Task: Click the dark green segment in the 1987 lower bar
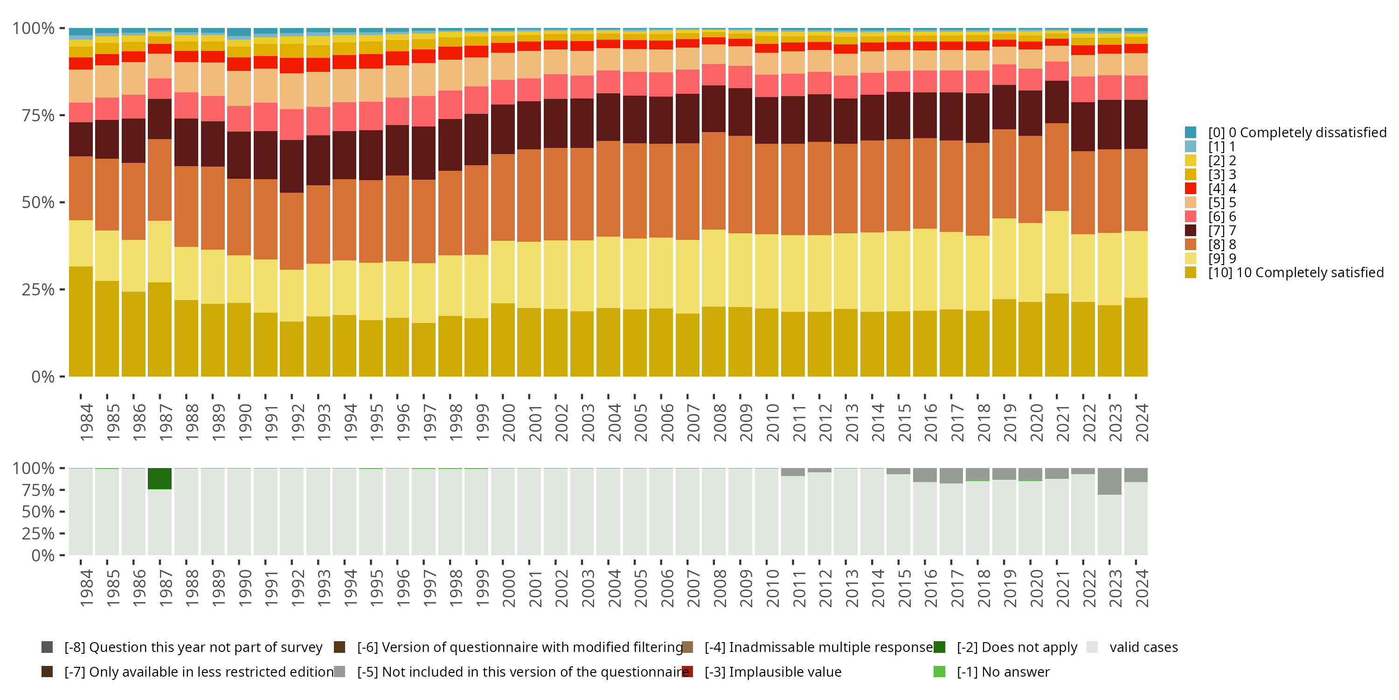[159, 479]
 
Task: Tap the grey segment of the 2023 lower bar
[1109, 481]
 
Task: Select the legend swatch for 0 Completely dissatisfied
[1190, 132]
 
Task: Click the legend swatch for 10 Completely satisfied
[1190, 272]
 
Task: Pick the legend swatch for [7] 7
[1190, 231]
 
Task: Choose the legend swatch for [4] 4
[1190, 189]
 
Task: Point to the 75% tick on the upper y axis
[62, 115]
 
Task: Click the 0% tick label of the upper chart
[42, 377]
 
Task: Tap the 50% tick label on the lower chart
[37, 512]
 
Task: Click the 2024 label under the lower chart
[1142, 588]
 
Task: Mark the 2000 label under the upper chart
[508, 422]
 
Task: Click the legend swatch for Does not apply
[939, 647]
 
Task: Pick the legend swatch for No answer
[939, 672]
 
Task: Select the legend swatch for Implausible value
[687, 672]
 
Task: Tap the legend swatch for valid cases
[1092, 647]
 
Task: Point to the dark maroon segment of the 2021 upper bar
[1056, 102]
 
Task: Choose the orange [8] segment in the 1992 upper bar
[291, 231]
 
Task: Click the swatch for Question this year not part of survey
[47, 647]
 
